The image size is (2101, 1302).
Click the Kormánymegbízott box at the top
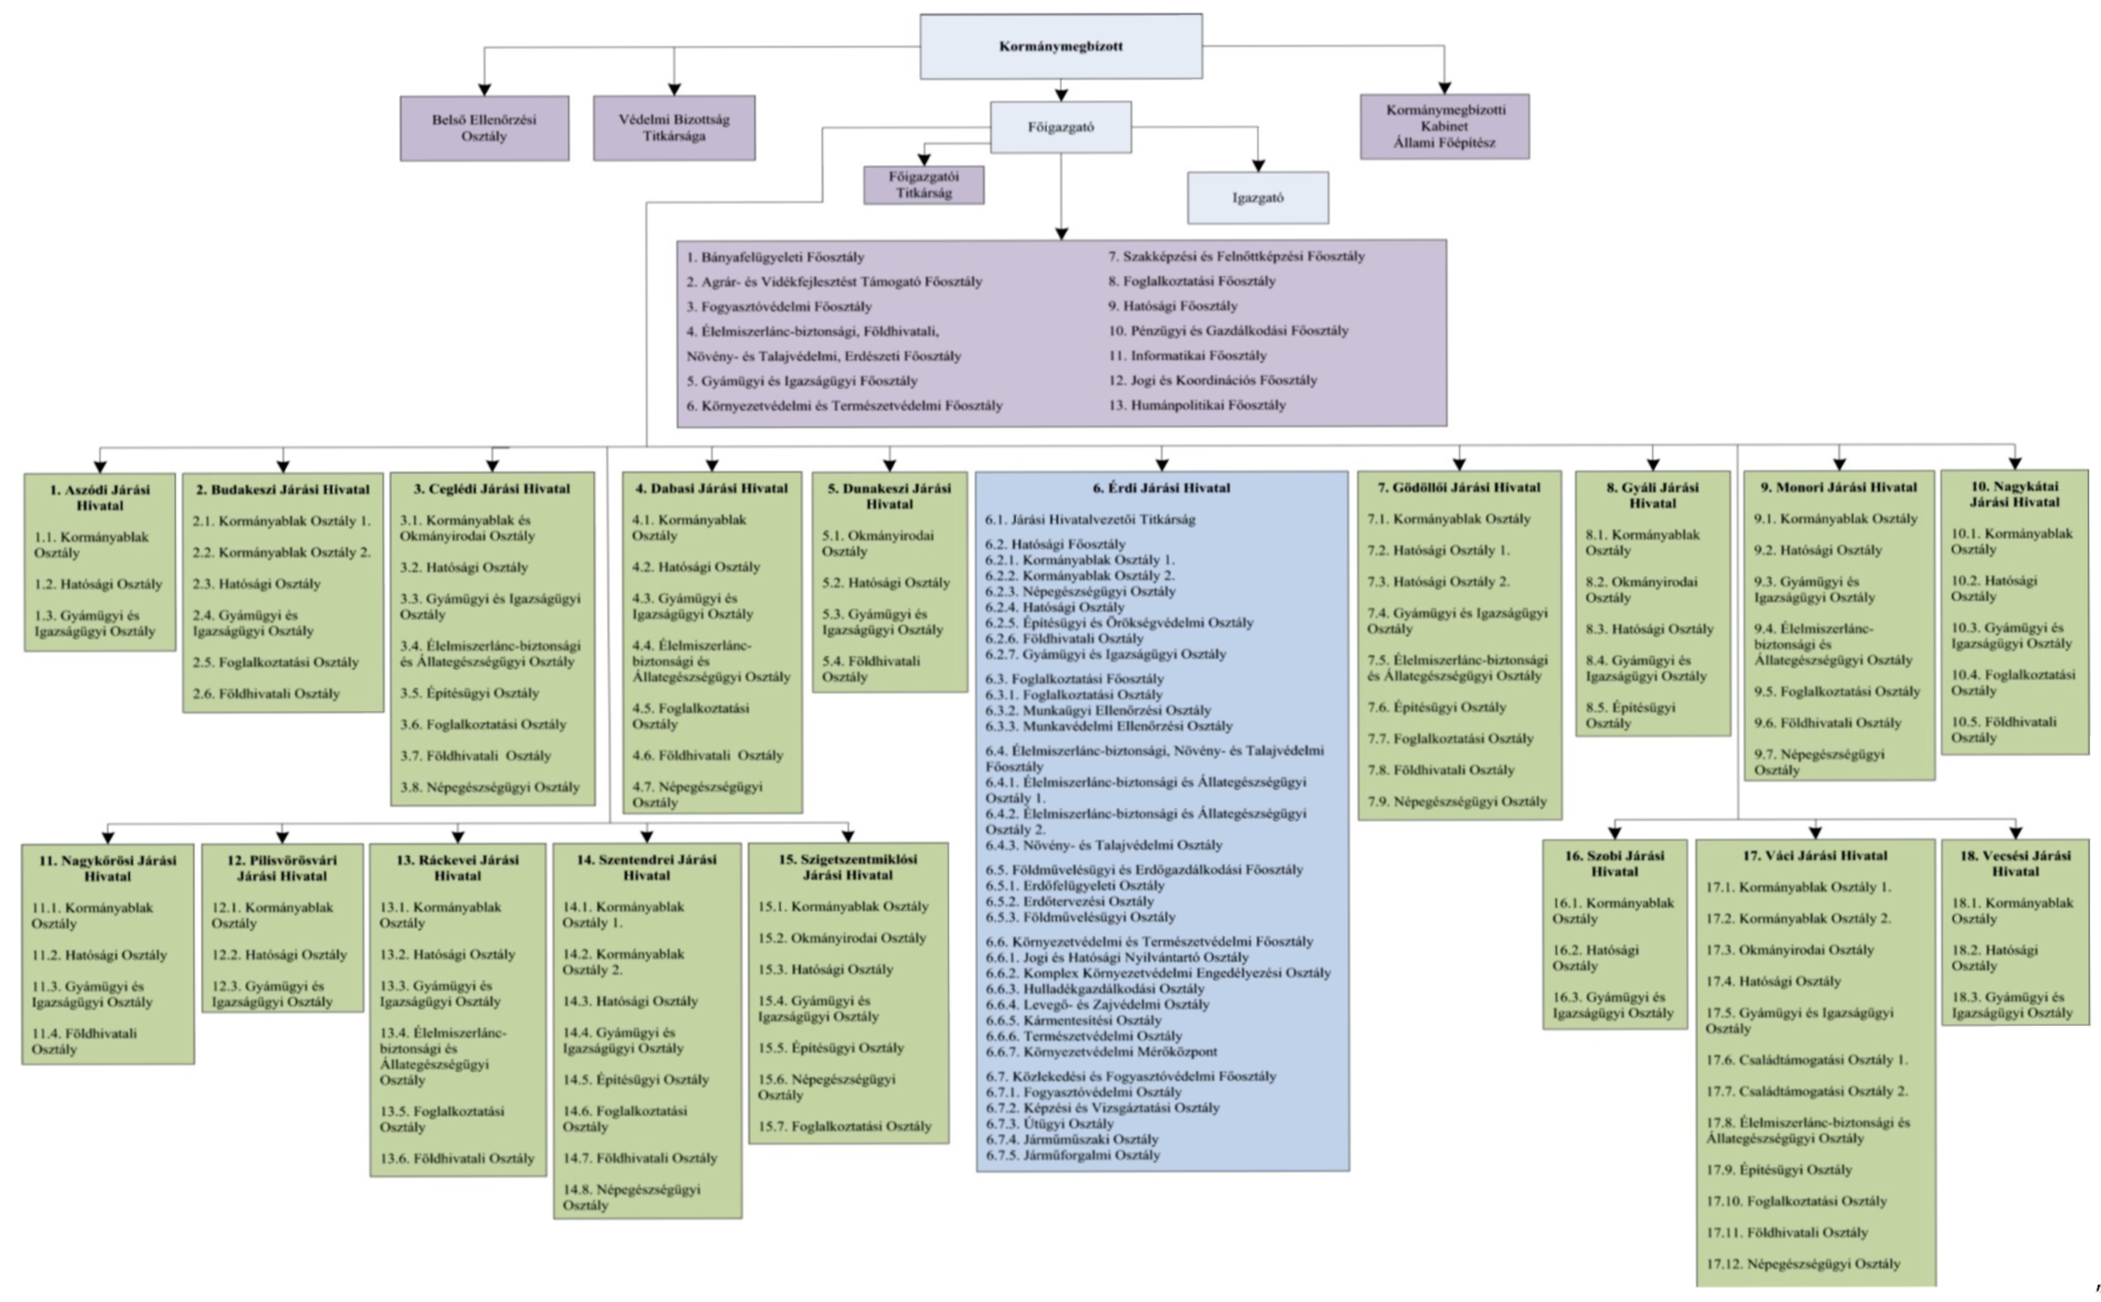1061,47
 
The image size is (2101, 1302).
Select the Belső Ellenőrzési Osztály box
484,128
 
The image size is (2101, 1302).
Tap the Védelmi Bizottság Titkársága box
674,127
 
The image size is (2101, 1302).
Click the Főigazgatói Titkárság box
924,185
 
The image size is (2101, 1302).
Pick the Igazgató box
1258,197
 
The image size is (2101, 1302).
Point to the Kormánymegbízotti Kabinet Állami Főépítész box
1445,126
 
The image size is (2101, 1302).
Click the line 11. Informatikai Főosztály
1187,356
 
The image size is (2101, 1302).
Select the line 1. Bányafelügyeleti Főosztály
775,257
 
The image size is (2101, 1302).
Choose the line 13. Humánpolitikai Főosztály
1197,405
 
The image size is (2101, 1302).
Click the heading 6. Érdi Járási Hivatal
1162,489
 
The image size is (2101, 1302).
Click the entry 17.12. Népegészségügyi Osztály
1803,1264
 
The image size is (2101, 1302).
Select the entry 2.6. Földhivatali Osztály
266,694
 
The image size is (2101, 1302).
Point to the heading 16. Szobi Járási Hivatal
1615,864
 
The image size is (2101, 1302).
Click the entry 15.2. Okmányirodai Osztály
842,938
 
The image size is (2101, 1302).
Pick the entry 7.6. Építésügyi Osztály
1437,708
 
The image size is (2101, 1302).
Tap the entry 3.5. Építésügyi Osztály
469,693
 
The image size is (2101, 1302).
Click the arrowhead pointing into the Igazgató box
1258,165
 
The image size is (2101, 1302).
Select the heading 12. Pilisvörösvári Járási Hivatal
282,868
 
